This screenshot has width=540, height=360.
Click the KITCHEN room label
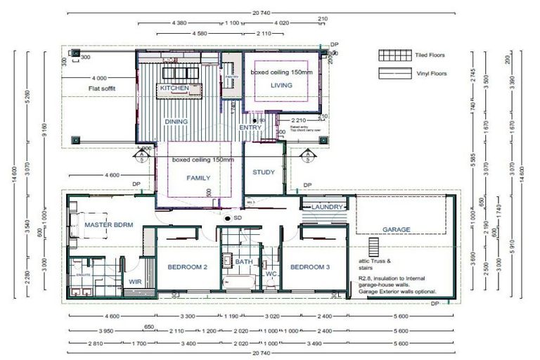(x=174, y=89)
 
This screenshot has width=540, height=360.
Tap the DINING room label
(x=176, y=121)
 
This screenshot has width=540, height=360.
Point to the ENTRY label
(x=250, y=127)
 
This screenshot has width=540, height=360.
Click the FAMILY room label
(x=198, y=179)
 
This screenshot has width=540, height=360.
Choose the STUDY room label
(x=263, y=172)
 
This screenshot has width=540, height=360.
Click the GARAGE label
(x=396, y=230)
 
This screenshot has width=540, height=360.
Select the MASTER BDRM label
(x=109, y=225)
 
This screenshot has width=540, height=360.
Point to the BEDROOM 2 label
(x=187, y=267)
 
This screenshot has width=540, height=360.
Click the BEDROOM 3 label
(x=310, y=267)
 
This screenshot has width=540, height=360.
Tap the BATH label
(x=244, y=262)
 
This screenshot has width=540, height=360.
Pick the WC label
(x=271, y=273)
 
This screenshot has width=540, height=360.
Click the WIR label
(x=136, y=281)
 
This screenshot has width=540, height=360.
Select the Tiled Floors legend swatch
(x=394, y=55)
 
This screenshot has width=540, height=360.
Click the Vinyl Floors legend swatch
(x=394, y=73)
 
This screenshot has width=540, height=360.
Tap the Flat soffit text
(x=102, y=89)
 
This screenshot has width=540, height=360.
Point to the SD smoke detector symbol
(x=226, y=219)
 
